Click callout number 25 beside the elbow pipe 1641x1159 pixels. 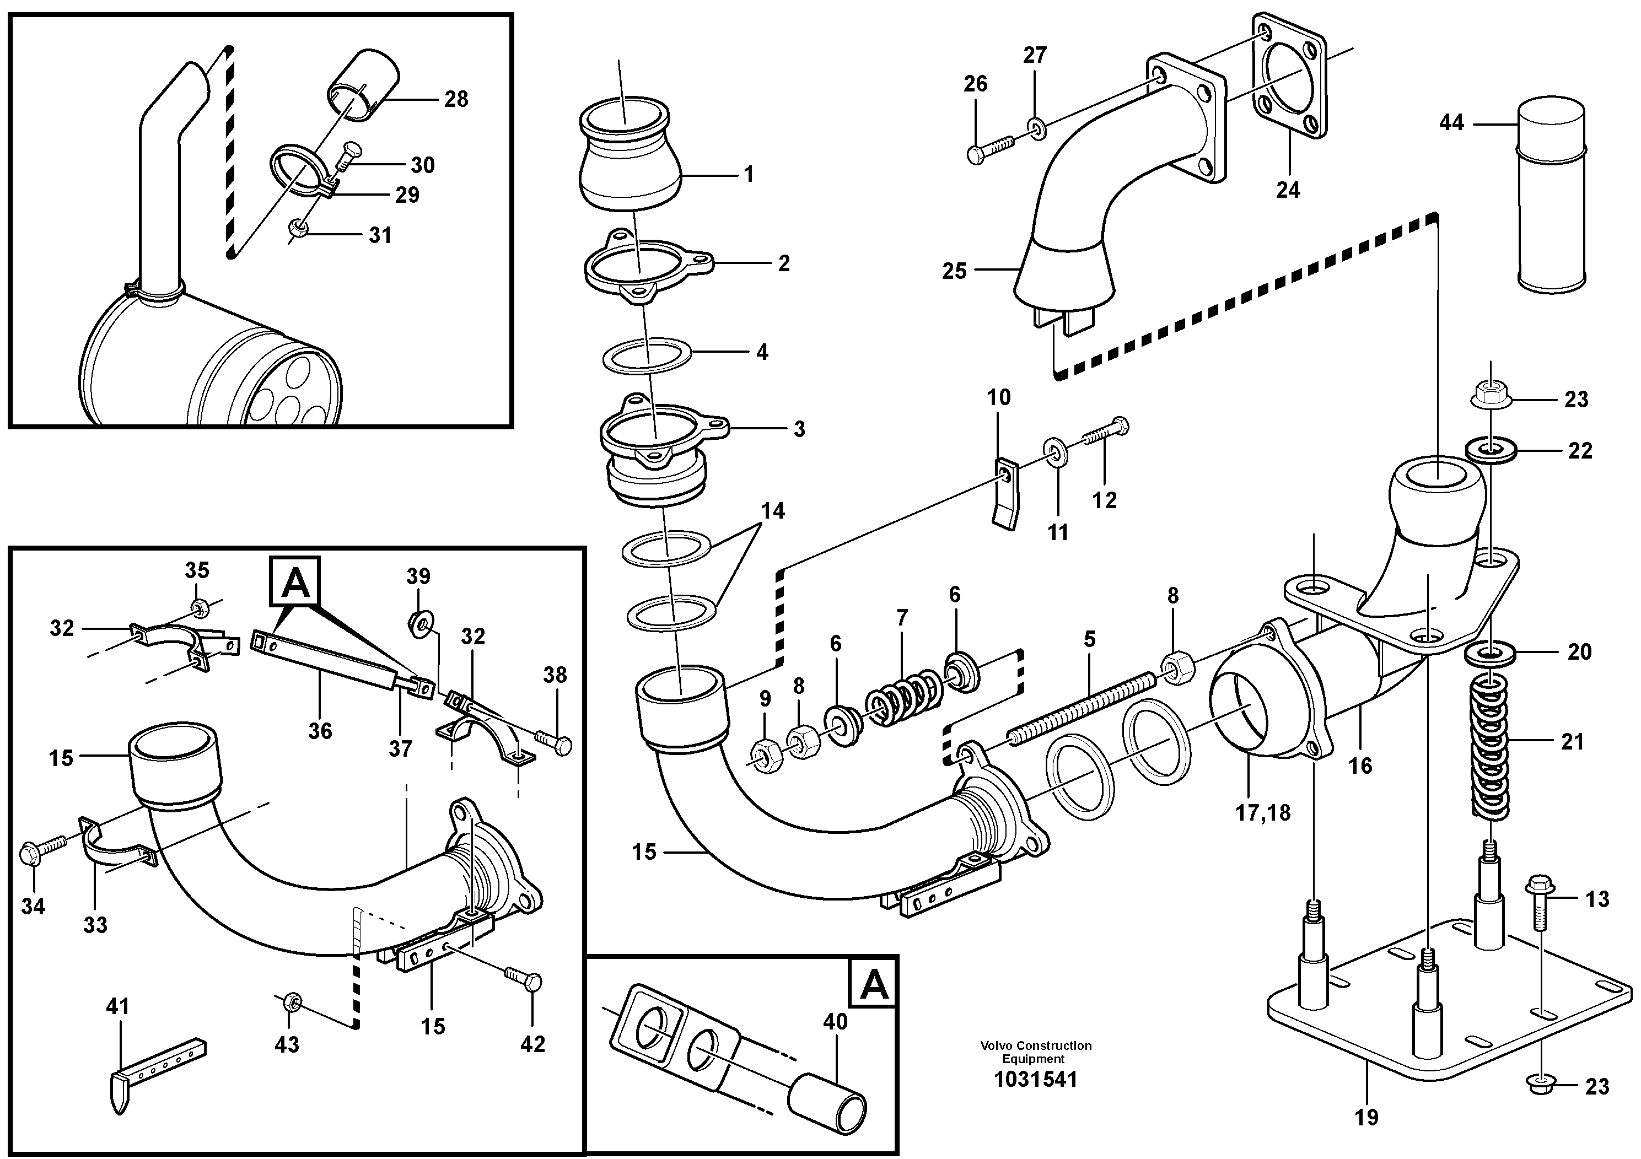(954, 272)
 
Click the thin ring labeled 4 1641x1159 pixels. (646, 355)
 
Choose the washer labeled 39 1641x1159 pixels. (419, 624)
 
